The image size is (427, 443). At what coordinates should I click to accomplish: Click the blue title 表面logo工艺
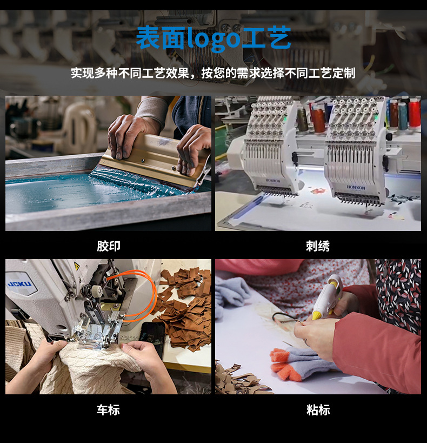[213, 38]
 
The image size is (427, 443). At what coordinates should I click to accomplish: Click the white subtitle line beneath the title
[213, 73]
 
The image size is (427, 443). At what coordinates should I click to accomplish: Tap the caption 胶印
[109, 246]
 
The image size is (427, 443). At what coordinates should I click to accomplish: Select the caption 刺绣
[318, 246]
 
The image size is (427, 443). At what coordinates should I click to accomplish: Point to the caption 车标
[109, 410]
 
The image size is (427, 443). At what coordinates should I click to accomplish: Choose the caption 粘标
[318, 410]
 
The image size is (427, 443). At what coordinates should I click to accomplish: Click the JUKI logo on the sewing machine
[19, 284]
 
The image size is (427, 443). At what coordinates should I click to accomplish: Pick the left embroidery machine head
[269, 146]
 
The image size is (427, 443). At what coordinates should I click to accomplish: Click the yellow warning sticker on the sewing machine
[76, 266]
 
